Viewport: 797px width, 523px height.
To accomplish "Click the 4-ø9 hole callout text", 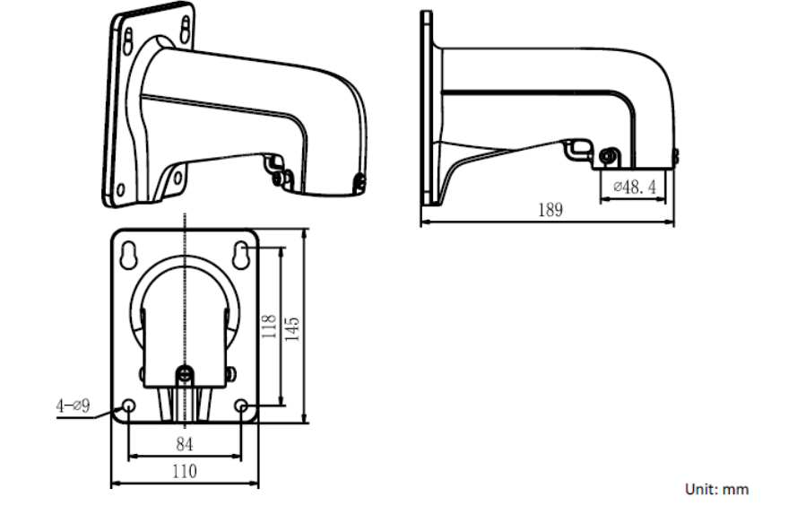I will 74,405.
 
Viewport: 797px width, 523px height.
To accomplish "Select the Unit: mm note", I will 716,489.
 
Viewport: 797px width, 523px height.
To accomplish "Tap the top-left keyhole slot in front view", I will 129,254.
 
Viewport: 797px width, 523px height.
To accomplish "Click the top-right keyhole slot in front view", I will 242,254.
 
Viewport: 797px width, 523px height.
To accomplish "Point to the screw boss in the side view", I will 607,157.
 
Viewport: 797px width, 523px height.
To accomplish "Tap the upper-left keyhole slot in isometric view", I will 128,39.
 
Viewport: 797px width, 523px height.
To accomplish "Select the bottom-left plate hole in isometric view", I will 118,190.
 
